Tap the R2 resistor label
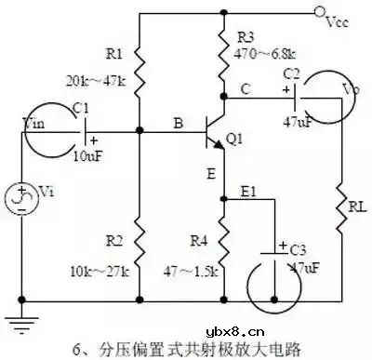coord(113,240)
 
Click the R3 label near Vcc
coord(246,38)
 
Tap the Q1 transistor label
coord(234,140)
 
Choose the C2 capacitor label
coord(291,72)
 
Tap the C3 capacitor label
coord(298,250)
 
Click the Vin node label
coord(33,123)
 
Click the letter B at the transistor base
coord(177,121)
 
